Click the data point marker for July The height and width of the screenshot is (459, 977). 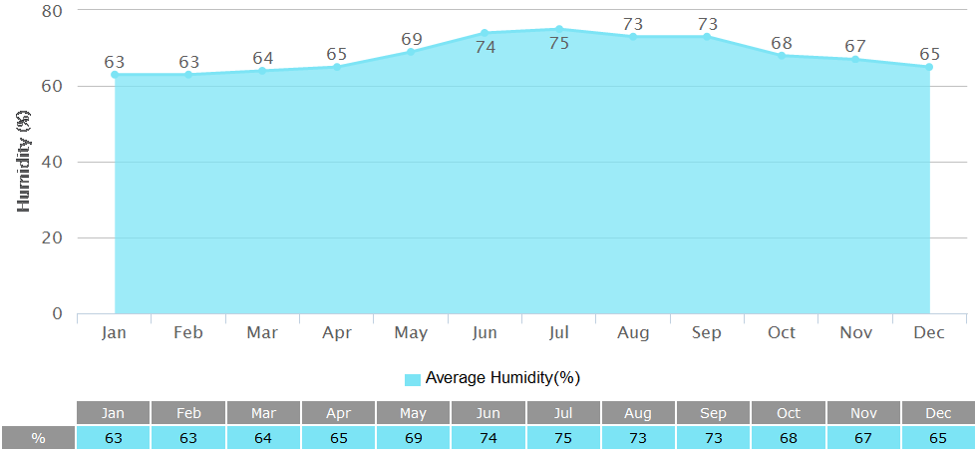558,29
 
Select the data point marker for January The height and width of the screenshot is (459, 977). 115,74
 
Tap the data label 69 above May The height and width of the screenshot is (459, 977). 412,40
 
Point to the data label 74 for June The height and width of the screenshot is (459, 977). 486,46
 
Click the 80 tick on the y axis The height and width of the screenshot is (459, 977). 52,11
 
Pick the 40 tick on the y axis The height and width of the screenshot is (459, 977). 52,162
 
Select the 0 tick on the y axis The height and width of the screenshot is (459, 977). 57,313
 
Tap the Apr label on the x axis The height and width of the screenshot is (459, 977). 337,332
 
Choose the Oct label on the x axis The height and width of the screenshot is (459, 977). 782,332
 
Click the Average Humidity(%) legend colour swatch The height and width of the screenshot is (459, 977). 413,379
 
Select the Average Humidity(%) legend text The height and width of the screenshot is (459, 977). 502,378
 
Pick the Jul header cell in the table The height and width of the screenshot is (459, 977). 563,413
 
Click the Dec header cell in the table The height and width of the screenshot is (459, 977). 938,413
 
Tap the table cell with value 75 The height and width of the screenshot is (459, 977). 563,438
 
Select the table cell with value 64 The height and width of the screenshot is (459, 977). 263,438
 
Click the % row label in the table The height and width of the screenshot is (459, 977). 38,438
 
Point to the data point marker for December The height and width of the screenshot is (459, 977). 929,67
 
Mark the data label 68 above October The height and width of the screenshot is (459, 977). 782,43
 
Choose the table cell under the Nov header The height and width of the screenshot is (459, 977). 863,438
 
